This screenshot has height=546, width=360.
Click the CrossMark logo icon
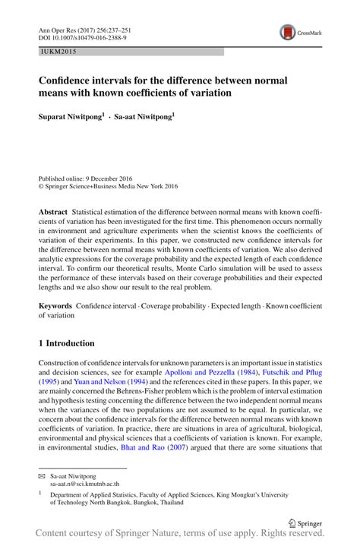point(287,32)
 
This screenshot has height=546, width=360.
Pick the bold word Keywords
point(55,305)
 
